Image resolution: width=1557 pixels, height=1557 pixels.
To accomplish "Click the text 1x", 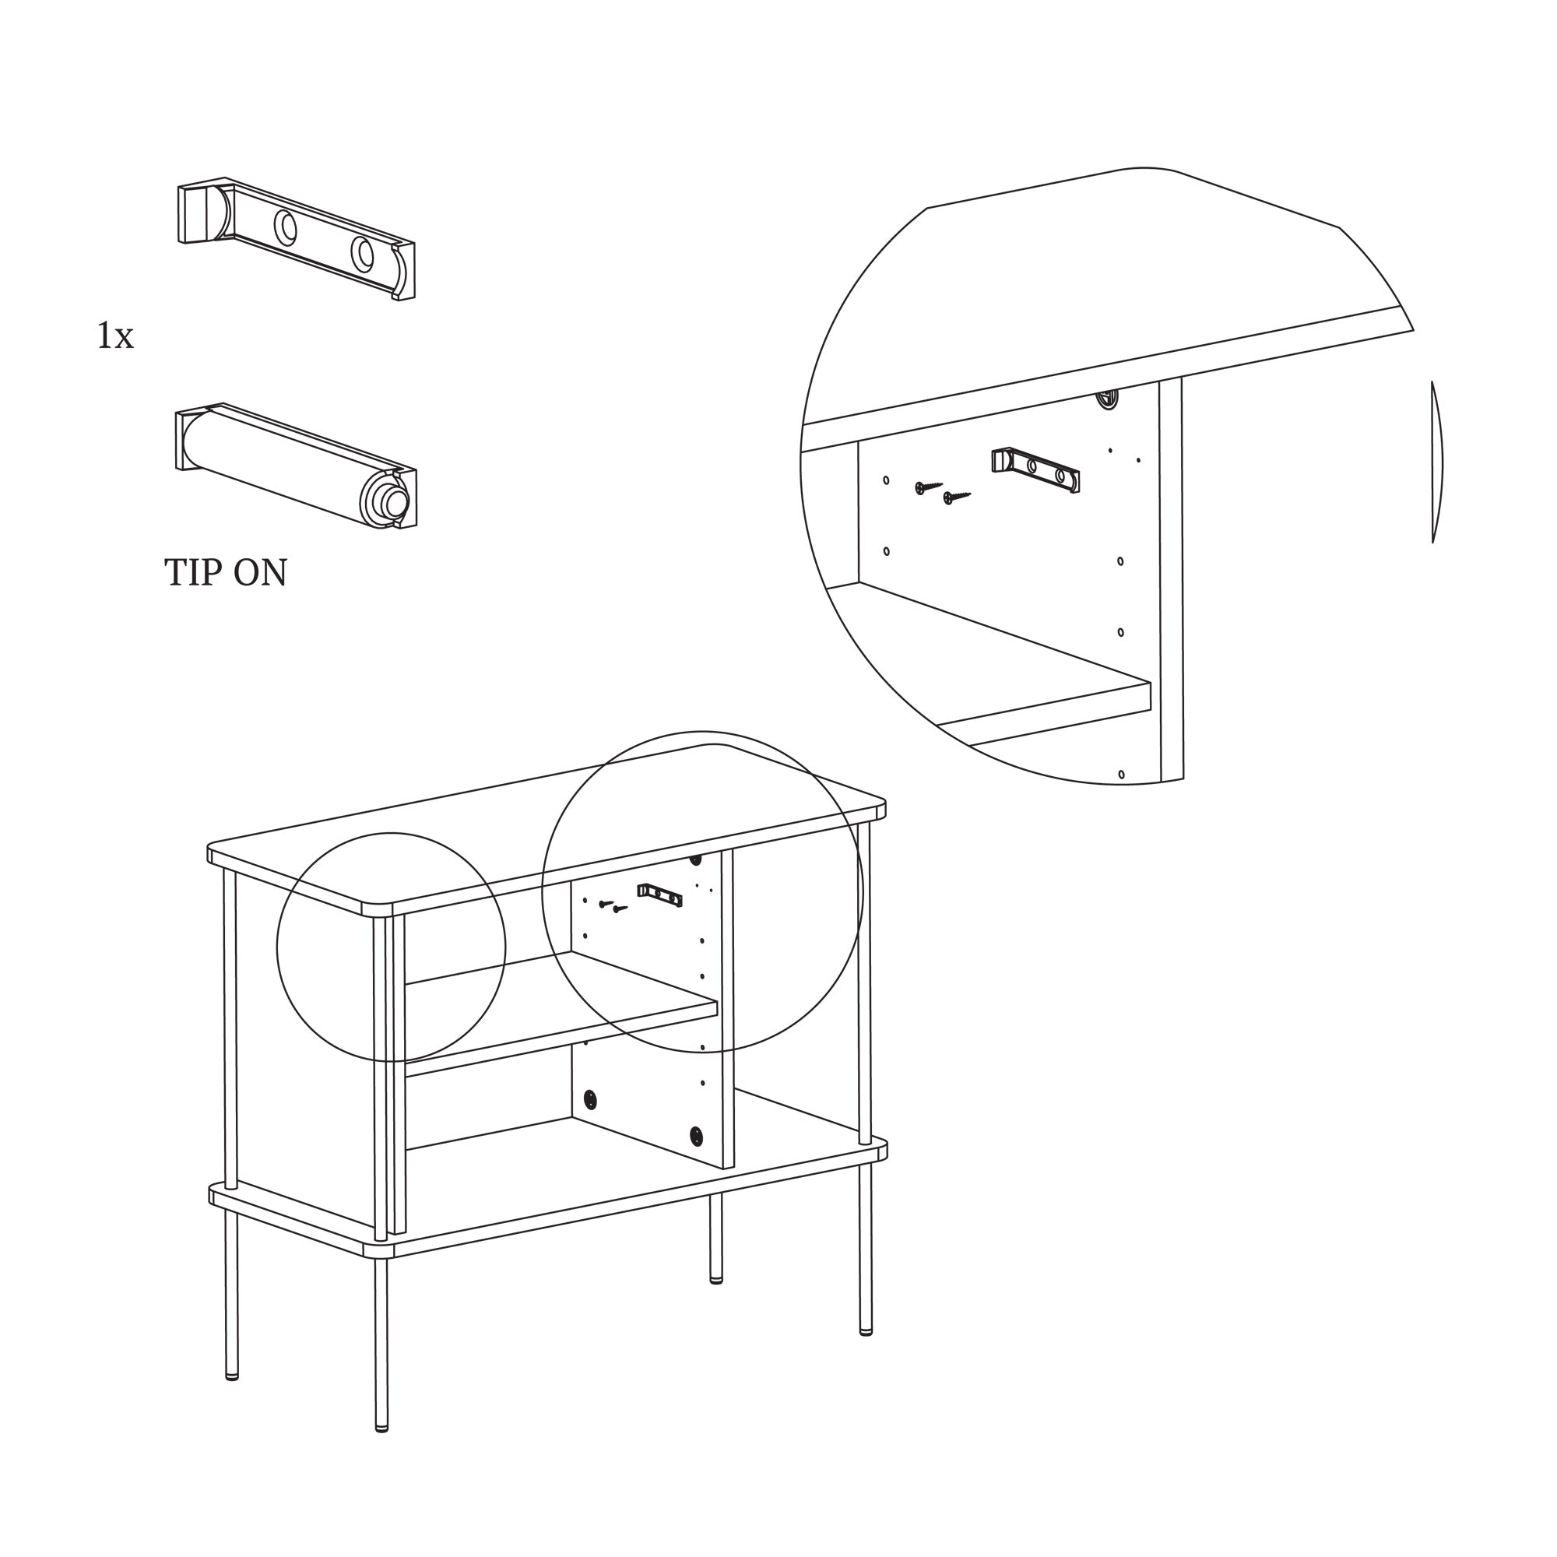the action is (115, 336).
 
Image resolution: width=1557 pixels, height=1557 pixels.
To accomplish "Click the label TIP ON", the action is (226, 573).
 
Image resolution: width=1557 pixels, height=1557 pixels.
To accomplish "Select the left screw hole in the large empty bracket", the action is (284, 227).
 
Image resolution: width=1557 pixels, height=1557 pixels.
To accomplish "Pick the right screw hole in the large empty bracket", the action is (363, 253).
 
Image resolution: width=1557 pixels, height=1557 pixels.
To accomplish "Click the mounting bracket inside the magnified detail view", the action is (1035, 470).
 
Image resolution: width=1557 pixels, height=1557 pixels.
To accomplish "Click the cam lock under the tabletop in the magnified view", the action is (1108, 399).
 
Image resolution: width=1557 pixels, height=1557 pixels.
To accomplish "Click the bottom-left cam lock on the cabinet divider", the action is (590, 1099).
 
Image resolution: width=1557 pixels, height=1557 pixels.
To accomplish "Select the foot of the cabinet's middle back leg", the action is (716, 1278).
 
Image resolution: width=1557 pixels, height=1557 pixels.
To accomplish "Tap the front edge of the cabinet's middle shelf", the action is (561, 1039).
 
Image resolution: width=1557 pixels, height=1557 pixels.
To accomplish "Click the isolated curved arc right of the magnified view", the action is (1437, 462).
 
